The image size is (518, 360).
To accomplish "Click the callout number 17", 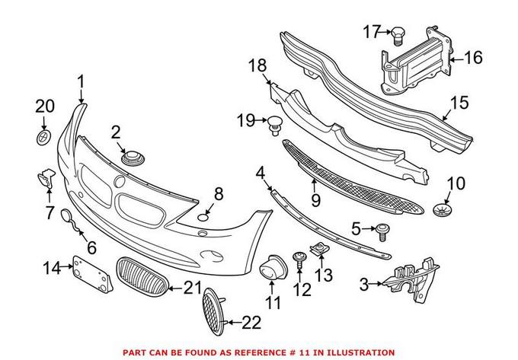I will click(x=371, y=31).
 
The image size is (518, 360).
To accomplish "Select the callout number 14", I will click(x=51, y=267).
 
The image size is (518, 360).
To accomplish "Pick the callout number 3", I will click(x=364, y=285).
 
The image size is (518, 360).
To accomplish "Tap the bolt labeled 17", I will click(x=398, y=33).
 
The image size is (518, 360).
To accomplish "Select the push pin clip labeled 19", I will click(x=273, y=122).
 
